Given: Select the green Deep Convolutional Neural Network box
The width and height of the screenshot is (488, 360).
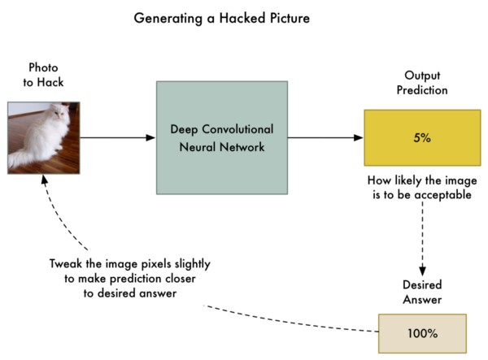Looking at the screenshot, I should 221,137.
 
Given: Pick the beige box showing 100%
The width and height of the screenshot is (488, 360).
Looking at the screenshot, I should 423,333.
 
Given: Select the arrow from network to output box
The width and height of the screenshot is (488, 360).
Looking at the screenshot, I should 325,137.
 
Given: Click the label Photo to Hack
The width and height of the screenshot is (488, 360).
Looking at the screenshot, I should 43,74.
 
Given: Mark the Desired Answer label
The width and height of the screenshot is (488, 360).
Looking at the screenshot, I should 422,292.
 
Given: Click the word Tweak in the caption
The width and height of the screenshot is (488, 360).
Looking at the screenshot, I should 66,262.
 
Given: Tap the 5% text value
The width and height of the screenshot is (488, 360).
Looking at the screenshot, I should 421,138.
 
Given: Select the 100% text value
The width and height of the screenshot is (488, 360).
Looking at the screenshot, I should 423,333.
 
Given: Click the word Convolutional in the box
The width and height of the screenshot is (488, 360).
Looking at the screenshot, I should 238,129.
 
